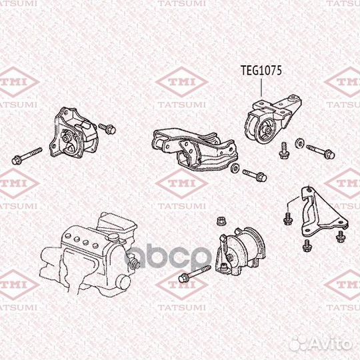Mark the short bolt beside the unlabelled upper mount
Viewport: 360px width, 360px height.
(x=107, y=127)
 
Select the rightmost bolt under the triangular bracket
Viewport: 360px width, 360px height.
(x=341, y=237)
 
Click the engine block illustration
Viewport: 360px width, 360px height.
(x=87, y=253)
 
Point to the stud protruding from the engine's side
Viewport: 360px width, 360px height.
(x=135, y=264)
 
